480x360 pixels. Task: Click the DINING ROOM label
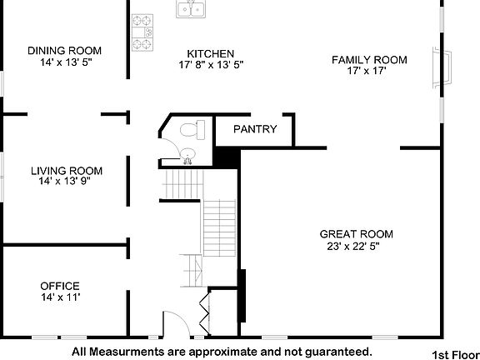[x=64, y=50]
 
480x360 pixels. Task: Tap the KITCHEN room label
[x=211, y=53]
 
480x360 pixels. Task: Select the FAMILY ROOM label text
[x=369, y=59]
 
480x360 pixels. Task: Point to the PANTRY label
[x=253, y=129]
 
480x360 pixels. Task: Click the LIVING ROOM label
[x=67, y=171]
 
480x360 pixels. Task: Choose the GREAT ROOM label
[x=356, y=234]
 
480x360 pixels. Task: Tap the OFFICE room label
[x=59, y=286]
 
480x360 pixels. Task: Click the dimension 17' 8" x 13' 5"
[x=211, y=64]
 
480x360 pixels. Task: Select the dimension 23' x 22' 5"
[x=356, y=245]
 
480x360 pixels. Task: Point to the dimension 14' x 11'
[x=59, y=297]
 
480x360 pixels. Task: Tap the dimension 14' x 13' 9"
[x=67, y=182]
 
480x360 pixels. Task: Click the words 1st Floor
[x=454, y=353]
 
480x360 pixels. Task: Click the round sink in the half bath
[x=188, y=152]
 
